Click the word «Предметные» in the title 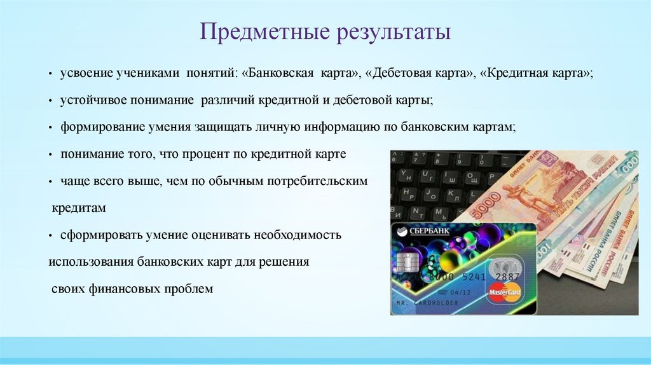coord(265,32)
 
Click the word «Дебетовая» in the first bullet coord(401,73)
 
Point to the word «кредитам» coord(79,208)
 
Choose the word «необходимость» coord(298,235)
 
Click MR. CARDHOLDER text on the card coord(427,303)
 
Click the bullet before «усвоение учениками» coord(50,74)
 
